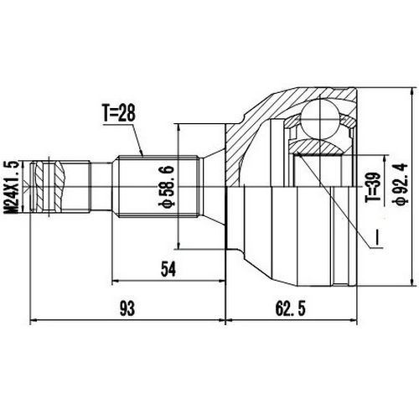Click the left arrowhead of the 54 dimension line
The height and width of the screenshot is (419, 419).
pos(115,279)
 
